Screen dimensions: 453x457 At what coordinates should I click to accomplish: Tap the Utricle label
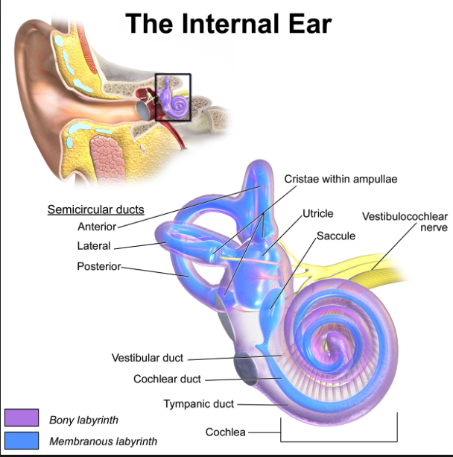(x=318, y=214)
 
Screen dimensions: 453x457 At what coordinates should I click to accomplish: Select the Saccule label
(x=336, y=236)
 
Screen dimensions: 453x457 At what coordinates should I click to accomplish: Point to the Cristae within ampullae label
(x=340, y=179)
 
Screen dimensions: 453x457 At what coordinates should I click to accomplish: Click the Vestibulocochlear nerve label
(x=405, y=222)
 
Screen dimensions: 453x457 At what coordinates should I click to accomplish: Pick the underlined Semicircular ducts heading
(x=96, y=209)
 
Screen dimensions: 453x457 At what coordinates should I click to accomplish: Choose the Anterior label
(x=97, y=227)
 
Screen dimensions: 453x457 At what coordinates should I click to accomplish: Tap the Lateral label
(x=94, y=246)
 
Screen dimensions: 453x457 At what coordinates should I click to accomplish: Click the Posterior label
(x=99, y=266)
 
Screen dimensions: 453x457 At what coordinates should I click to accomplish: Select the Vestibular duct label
(x=148, y=358)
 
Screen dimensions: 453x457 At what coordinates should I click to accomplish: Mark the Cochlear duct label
(x=167, y=379)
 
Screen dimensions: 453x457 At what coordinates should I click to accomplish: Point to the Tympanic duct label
(x=199, y=404)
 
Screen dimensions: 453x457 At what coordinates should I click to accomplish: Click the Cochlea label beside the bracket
(x=226, y=432)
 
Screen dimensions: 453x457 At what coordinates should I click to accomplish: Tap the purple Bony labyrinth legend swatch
(x=22, y=417)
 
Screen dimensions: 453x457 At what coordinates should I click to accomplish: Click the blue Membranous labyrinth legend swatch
(x=22, y=441)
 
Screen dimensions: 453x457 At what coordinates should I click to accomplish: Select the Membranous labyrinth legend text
(x=103, y=441)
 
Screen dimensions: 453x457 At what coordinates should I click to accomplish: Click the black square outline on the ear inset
(x=173, y=74)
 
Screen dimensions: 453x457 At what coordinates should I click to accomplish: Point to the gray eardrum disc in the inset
(x=143, y=110)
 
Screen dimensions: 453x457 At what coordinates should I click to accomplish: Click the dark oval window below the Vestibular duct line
(x=246, y=368)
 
